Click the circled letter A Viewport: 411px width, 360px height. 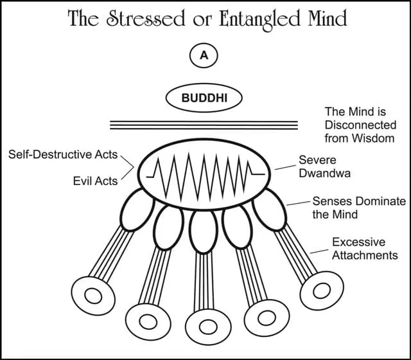tap(204, 56)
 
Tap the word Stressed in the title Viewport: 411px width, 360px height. tap(136, 19)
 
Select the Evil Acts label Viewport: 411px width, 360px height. tap(94, 181)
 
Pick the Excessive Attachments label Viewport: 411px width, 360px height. tap(364, 249)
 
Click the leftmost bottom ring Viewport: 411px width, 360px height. tap(93, 296)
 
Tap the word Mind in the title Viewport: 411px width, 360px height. tap(328, 19)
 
